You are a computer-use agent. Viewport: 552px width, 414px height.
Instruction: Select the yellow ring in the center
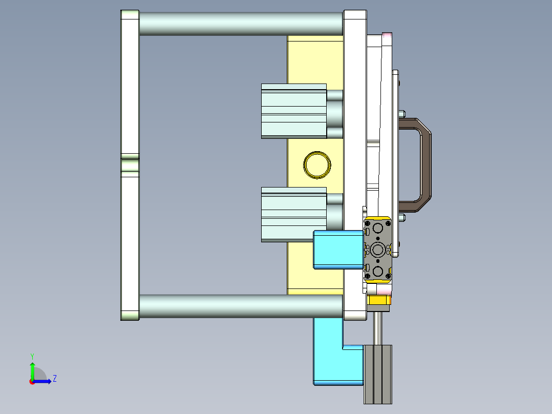point(317,165)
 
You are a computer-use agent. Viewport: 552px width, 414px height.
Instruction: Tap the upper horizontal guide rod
point(241,24)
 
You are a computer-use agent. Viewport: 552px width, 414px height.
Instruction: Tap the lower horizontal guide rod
point(241,306)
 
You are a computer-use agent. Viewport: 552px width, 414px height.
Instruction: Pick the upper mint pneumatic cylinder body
point(293,111)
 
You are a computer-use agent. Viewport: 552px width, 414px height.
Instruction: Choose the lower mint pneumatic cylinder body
point(293,214)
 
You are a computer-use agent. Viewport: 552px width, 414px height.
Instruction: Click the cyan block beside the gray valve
point(338,249)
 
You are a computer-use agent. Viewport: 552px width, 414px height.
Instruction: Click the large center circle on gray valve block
point(379,250)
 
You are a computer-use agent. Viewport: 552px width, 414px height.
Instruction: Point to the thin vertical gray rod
point(379,328)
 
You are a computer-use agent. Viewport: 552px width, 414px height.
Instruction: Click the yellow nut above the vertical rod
point(379,301)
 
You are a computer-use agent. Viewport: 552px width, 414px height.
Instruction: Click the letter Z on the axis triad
point(54,379)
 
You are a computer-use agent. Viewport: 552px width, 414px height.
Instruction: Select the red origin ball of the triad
point(32,381)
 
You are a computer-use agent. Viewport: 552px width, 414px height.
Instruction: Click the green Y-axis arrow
point(32,368)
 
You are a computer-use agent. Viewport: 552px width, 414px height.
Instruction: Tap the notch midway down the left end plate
point(130,165)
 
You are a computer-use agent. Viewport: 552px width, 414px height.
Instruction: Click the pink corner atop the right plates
point(388,37)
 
